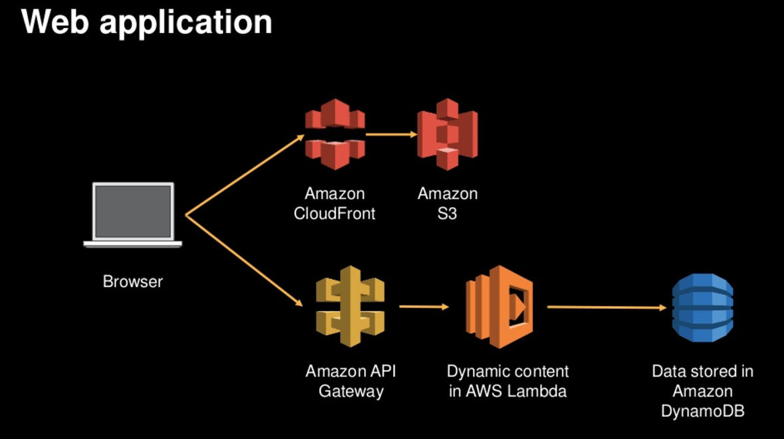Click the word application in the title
point(185,23)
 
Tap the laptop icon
point(133,215)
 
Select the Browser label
point(133,282)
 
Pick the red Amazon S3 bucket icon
point(447,135)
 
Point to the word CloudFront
point(335,214)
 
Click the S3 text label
point(447,214)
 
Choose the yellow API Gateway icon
point(350,306)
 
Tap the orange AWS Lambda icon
point(498,306)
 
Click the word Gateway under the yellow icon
point(351,391)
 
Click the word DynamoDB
point(702,411)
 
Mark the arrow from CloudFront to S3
point(391,134)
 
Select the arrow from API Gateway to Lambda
point(425,306)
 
